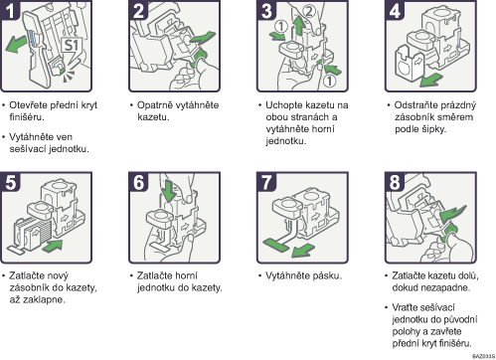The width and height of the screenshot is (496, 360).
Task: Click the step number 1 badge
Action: (10, 10)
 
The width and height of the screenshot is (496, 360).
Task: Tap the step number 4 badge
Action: (395, 10)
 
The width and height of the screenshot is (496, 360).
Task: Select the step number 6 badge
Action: (138, 182)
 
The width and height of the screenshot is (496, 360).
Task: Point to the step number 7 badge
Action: (266, 182)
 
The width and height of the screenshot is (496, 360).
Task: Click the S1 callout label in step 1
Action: (72, 46)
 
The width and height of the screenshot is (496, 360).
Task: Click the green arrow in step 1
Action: (16, 44)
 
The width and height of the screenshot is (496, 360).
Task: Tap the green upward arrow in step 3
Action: (299, 26)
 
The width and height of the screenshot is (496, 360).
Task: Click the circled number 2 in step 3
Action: (309, 11)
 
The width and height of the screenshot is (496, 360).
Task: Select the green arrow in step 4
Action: (431, 80)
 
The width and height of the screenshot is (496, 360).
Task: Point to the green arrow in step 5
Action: (53, 246)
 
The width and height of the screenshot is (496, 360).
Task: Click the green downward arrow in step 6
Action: (169, 191)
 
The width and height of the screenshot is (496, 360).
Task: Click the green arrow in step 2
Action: (202, 38)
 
